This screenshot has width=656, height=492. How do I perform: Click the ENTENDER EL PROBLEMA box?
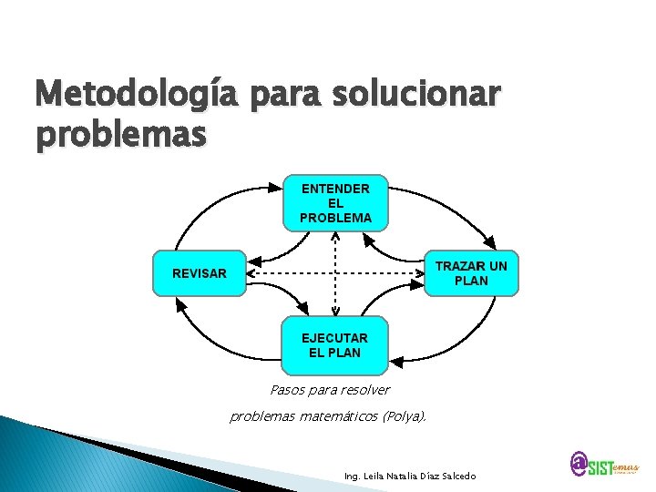pos(335,202)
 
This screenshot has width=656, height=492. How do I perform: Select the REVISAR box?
pos(200,273)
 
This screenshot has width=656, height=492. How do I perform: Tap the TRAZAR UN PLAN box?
pos(471,273)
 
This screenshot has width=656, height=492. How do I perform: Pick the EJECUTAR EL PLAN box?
pos(334,345)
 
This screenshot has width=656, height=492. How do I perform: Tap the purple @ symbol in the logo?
pos(579,464)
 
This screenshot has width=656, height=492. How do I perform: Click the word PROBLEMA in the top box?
pos(335,218)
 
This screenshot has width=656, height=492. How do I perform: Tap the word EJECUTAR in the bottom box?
pos(334,338)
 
